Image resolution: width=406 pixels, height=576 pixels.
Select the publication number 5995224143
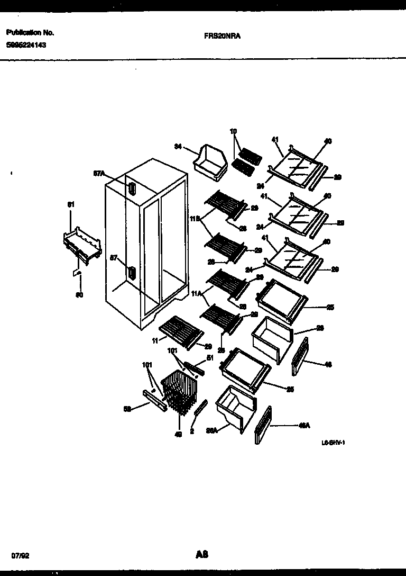26,45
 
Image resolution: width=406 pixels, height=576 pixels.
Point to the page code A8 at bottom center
201,540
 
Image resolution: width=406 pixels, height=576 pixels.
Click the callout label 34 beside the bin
178,147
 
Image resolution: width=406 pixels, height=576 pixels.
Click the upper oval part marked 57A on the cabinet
131,188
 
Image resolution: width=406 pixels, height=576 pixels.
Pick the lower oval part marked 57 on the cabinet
131,273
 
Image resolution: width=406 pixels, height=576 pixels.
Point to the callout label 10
233,131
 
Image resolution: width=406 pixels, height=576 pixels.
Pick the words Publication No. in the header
30,32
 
